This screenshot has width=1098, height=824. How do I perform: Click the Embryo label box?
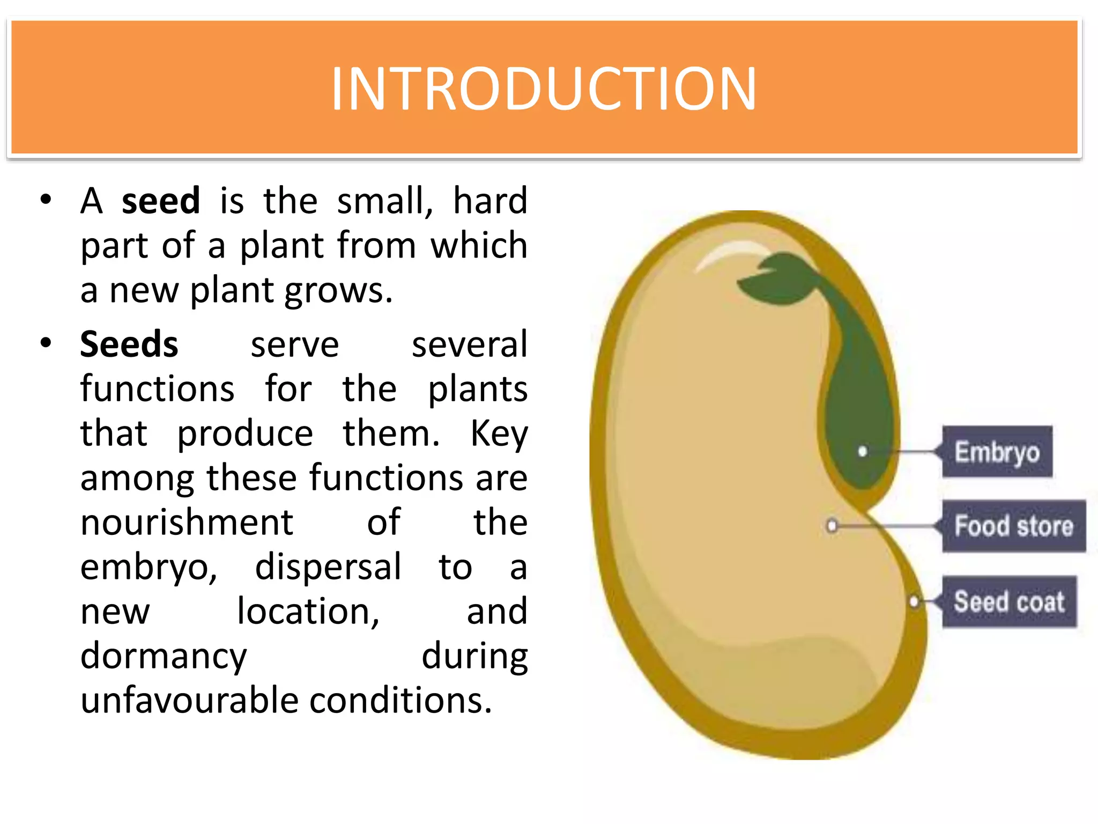click(x=997, y=452)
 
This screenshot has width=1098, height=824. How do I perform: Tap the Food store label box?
click(x=1013, y=526)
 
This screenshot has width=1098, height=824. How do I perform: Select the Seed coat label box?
click(x=1009, y=601)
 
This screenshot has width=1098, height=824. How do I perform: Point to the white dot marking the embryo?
click(x=862, y=452)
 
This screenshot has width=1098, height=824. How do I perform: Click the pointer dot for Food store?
click(x=832, y=525)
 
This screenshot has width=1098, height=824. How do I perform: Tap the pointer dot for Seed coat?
click(x=914, y=601)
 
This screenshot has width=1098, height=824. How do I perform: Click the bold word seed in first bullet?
click(x=161, y=201)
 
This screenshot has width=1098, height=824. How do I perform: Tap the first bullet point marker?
click(x=46, y=199)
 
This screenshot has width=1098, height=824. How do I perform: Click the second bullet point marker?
click(x=46, y=342)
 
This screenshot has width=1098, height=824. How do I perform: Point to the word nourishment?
click(x=187, y=522)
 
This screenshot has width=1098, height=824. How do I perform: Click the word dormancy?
click(x=164, y=656)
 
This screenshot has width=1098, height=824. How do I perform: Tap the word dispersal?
click(x=328, y=566)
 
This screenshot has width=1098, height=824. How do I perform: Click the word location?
click(x=308, y=611)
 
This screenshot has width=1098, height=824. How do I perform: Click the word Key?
click(x=499, y=433)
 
